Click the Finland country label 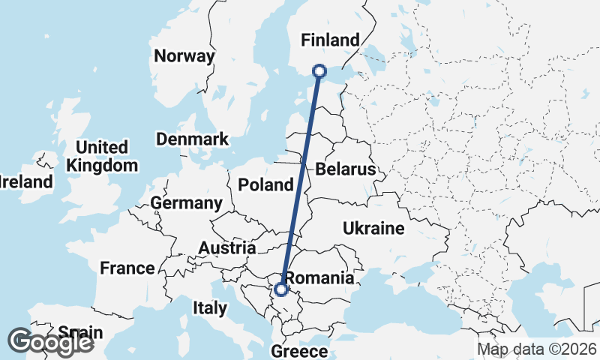click(330, 40)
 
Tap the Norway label click(184, 55)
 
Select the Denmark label click(192, 139)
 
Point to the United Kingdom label click(102, 156)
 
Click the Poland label click(265, 185)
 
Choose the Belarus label click(345, 169)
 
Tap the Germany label click(186, 203)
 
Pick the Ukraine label click(373, 228)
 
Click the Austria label click(227, 247)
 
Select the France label click(127, 268)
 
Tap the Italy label click(209, 307)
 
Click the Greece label click(299, 351)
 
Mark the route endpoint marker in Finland click(319, 70)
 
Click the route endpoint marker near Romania click(281, 289)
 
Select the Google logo click(51, 342)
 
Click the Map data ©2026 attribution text click(537, 349)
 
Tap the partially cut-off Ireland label click(26, 181)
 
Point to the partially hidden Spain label click(75, 331)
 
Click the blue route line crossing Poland click(301, 184)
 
